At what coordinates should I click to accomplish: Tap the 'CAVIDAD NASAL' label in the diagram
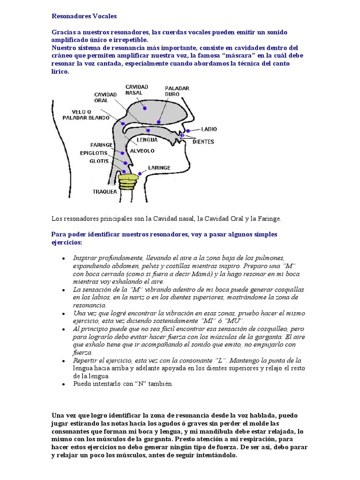point(136,90)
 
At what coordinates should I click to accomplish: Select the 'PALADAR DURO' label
point(176,91)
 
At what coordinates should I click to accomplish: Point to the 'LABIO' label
point(209,129)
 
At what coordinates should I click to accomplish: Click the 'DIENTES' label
point(203,142)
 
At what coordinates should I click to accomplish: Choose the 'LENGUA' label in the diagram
point(147,140)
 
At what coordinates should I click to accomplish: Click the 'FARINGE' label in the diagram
point(102,145)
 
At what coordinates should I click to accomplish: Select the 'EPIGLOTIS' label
point(94,153)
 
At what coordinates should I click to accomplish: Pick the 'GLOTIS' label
point(99,161)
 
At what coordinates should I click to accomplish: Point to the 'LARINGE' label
point(159,167)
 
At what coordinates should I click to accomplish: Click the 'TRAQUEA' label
point(105,191)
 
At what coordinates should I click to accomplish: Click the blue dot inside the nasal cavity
point(144,108)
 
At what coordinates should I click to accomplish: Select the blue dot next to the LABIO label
point(188,131)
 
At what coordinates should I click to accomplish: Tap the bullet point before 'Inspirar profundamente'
point(63,258)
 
